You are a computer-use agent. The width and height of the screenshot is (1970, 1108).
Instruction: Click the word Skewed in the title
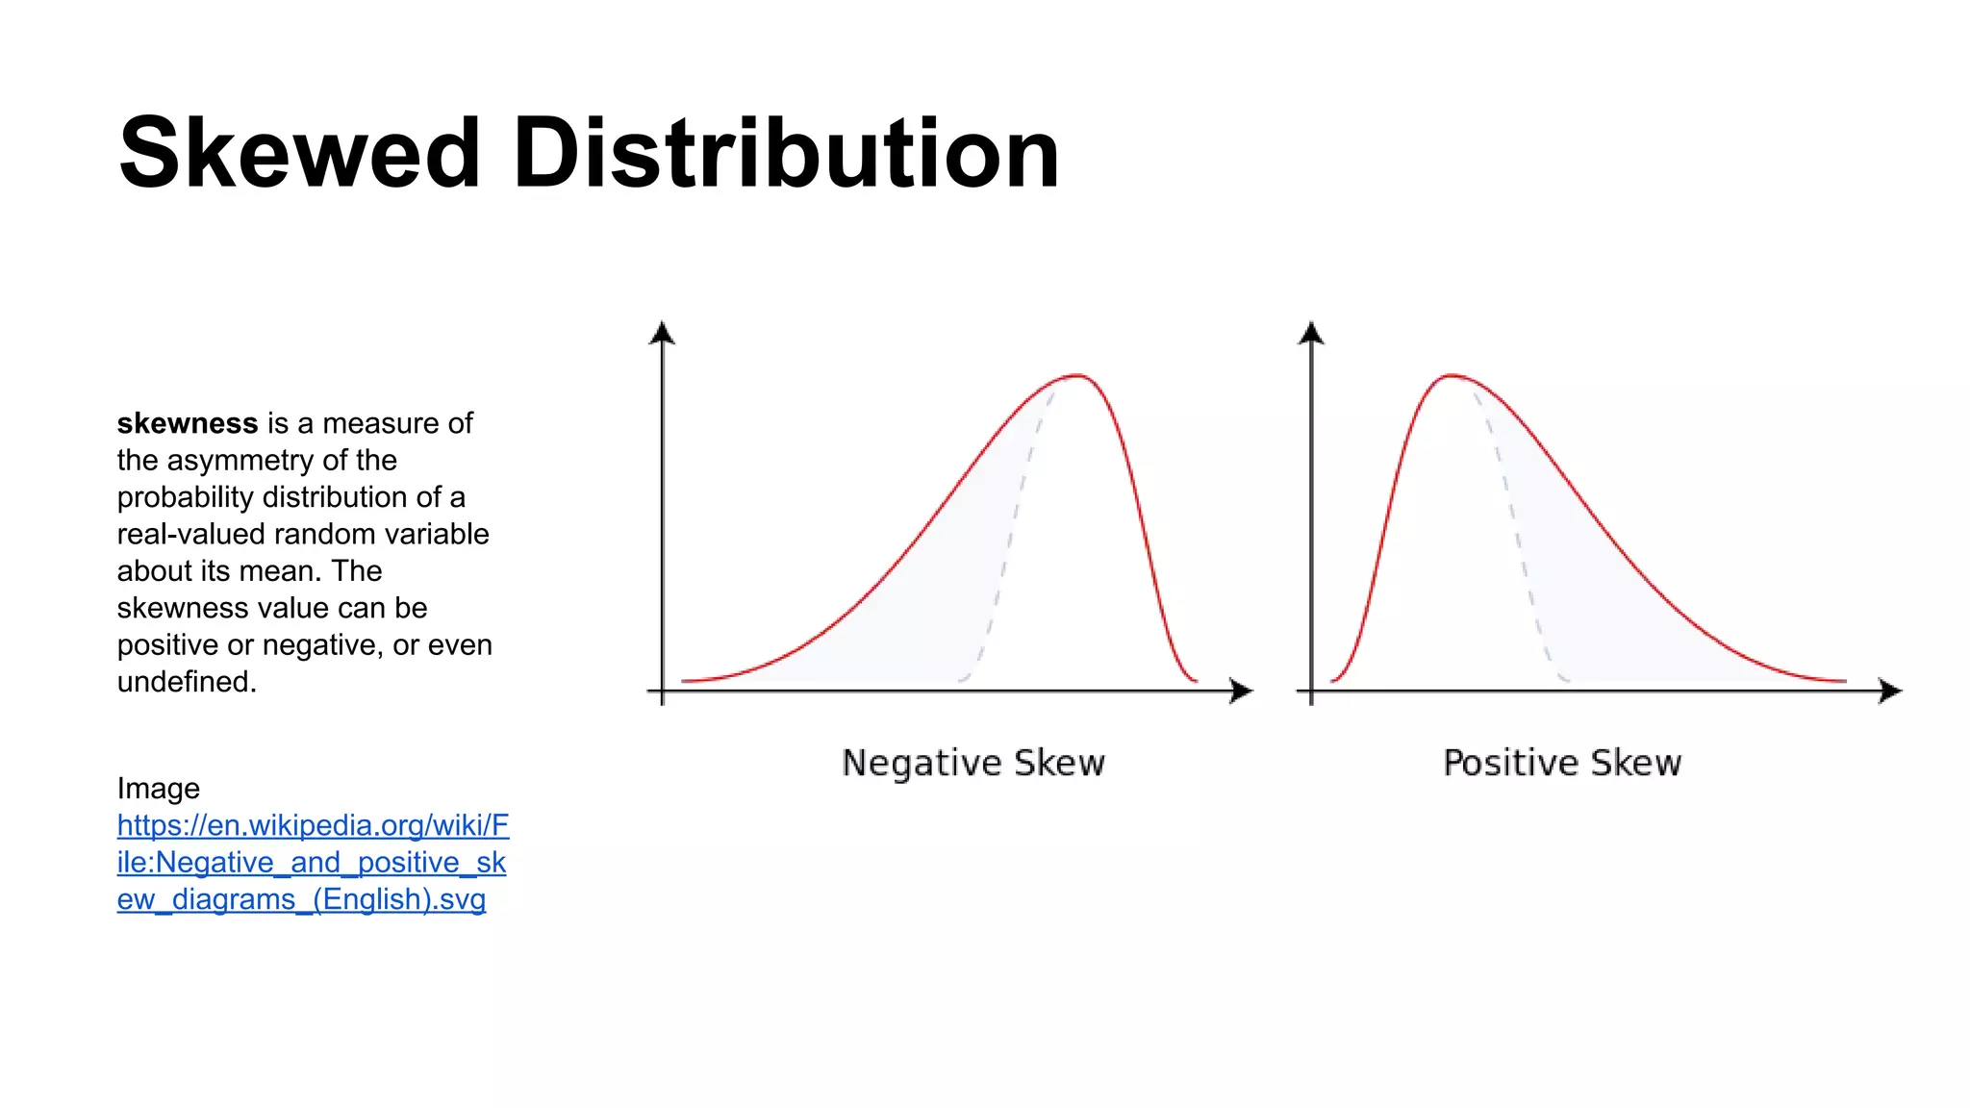[x=298, y=154]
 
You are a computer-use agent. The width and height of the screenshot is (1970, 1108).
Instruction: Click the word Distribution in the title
[x=786, y=154]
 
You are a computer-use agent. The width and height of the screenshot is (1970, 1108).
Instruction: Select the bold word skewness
[x=188, y=423]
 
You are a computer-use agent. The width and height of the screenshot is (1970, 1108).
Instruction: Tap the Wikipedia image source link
[x=312, y=862]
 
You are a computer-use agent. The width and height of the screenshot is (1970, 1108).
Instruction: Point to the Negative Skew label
[x=973, y=763]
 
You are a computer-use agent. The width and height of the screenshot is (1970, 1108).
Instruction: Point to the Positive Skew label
[x=1562, y=763]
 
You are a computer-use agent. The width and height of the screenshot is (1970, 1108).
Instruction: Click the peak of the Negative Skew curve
[x=1077, y=376]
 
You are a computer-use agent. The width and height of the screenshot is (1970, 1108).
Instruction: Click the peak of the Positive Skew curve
[x=1451, y=376]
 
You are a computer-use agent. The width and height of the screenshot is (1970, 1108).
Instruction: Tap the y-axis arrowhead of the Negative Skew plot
[x=662, y=333]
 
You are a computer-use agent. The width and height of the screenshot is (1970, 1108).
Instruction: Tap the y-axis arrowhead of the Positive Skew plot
[x=1311, y=333]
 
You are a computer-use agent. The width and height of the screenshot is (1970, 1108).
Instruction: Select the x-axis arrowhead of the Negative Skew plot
[x=1242, y=691]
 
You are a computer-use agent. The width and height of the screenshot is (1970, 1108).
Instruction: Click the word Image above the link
[x=159, y=789]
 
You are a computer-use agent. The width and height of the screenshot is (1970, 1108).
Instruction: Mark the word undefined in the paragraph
[x=187, y=682]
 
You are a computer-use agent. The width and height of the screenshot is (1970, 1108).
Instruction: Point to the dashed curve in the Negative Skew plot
[x=1010, y=539]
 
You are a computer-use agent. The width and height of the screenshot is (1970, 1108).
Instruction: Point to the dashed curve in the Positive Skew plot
[x=1518, y=539]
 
